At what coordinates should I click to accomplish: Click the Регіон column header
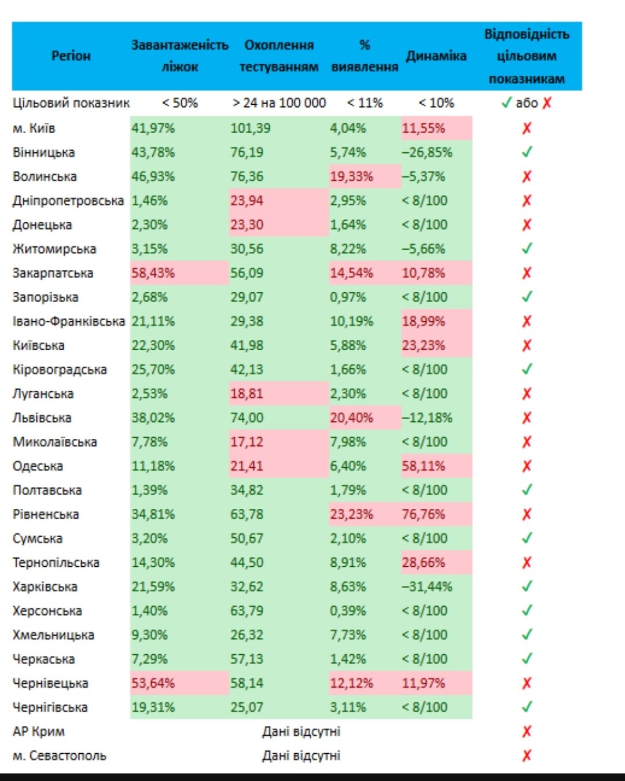tap(71, 56)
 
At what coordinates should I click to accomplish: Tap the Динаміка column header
tap(436, 56)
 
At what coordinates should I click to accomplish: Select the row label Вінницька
tap(44, 153)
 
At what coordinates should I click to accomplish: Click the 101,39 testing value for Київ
tap(250, 129)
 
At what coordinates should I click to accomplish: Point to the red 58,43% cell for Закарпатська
tap(153, 273)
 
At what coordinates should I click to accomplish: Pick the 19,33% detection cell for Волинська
tap(351, 177)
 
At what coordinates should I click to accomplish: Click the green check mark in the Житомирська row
tap(527, 249)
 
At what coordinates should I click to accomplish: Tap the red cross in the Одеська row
tap(527, 466)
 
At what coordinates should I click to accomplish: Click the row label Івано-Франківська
tap(69, 321)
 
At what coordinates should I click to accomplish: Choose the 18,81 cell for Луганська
tap(247, 394)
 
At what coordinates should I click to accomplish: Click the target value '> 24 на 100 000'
tap(279, 103)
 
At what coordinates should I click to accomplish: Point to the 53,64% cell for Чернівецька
tap(153, 683)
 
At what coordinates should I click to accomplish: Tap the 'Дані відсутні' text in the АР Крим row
tap(301, 732)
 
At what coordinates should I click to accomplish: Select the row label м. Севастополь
tap(60, 756)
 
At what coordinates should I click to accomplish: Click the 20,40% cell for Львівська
tap(351, 418)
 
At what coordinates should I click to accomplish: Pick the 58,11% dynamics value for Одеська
tap(424, 466)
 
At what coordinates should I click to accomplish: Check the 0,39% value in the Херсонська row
tap(348, 611)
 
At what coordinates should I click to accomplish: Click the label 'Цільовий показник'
tap(71, 103)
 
